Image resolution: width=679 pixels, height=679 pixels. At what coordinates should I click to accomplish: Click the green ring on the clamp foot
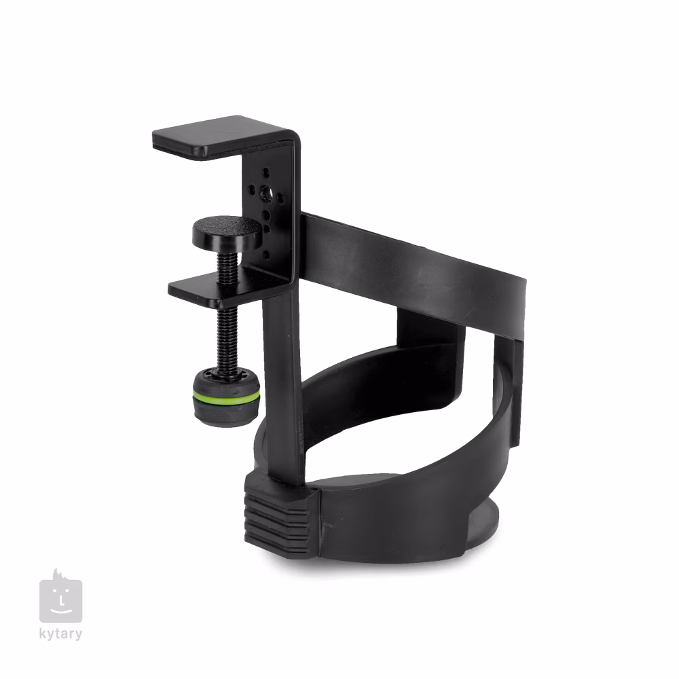tap(227, 397)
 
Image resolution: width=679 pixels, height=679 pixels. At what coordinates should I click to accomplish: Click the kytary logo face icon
tap(60, 596)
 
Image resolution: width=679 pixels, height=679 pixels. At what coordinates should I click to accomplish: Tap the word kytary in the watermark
tap(60, 634)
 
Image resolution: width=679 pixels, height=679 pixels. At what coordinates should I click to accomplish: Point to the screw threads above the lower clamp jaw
tap(227, 266)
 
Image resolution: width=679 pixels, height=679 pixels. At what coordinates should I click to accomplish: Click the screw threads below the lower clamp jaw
tap(227, 337)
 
